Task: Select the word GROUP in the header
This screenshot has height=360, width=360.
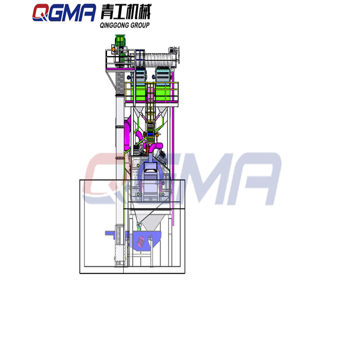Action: tap(140, 25)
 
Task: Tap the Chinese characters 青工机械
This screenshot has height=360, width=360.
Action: tap(126, 12)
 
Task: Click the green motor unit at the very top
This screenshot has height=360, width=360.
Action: tap(120, 41)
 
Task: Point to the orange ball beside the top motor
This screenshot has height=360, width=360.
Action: tap(113, 49)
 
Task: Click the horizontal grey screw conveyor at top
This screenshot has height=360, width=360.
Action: tap(160, 60)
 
